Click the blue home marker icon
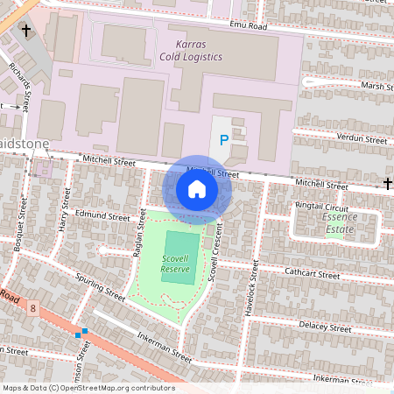point(197,189)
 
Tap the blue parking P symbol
point(224,139)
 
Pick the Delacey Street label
point(323,326)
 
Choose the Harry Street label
point(63,213)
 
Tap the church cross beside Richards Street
point(26,32)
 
